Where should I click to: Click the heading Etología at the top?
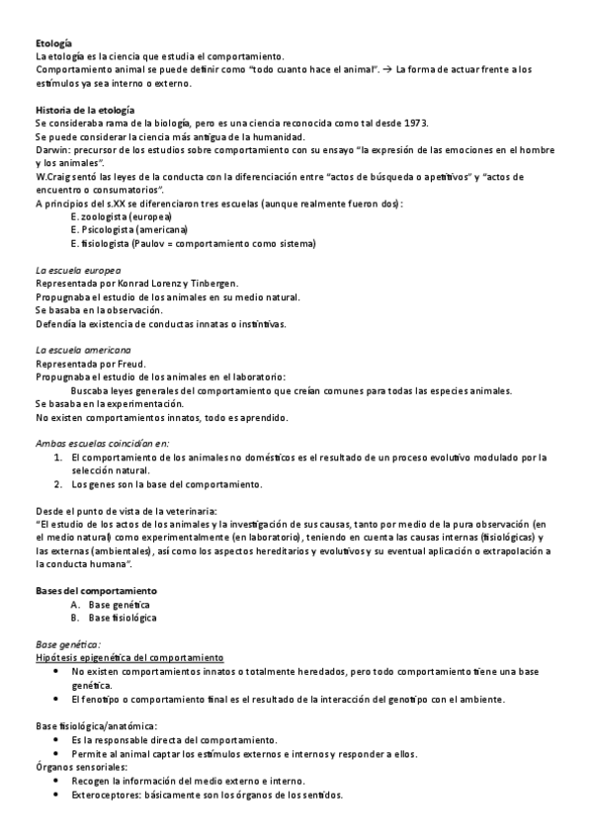[53, 44]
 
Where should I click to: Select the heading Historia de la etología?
[85, 110]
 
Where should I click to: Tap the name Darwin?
[50, 149]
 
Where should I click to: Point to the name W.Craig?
[53, 176]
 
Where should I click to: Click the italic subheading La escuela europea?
[77, 270]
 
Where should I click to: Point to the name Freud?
[129, 364]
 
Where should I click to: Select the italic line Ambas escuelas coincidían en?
[102, 444]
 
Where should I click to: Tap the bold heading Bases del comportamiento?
[96, 591]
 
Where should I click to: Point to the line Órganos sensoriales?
[80, 767]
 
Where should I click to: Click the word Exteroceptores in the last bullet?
[104, 795]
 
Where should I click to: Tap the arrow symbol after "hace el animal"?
[386, 69]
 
